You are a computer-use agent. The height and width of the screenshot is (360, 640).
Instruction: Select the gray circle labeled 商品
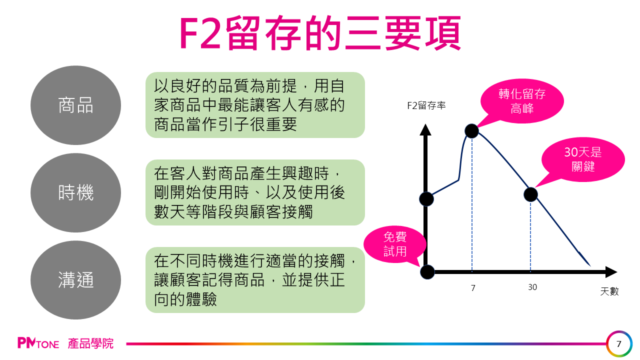[75, 105]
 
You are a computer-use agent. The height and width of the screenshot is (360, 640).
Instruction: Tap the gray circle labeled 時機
[75, 193]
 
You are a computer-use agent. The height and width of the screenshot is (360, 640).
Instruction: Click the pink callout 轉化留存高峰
[522, 100]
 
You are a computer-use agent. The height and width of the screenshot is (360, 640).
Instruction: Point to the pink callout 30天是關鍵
[583, 159]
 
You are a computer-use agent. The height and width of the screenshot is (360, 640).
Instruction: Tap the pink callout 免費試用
[395, 244]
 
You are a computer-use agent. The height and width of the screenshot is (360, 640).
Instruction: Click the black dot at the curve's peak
[471, 131]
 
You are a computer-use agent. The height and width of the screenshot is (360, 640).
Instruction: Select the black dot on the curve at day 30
[530, 194]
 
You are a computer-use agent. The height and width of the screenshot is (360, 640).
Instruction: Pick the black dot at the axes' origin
[427, 272]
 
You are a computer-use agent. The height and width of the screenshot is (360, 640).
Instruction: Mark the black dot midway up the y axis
[426, 199]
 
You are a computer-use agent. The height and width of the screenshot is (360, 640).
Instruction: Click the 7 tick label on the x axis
[473, 287]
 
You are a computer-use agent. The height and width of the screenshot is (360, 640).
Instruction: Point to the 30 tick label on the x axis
[532, 287]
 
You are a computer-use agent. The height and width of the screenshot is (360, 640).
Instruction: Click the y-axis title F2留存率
[426, 105]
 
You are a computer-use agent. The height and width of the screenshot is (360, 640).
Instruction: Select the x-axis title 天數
[609, 291]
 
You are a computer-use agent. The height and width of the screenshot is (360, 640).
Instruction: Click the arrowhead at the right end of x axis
[611, 272]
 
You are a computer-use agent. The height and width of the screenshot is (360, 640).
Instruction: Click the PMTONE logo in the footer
[38, 343]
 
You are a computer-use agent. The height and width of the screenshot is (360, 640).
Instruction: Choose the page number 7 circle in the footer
[619, 344]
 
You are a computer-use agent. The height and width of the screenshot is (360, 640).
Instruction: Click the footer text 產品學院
[91, 343]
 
